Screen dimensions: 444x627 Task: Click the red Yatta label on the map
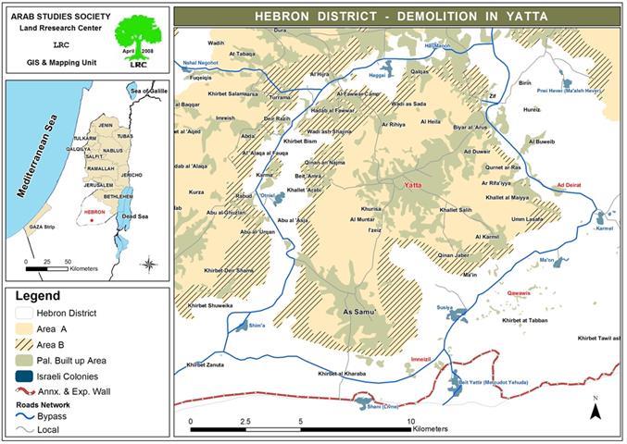pyautogui.click(x=414, y=185)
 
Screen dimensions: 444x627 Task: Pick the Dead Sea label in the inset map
pyautogui.click(x=135, y=216)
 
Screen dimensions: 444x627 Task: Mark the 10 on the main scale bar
pyautogui.click(x=409, y=420)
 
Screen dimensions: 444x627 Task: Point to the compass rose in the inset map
pyautogui.click(x=148, y=265)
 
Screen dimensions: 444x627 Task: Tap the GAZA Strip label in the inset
pyautogui.click(x=42, y=227)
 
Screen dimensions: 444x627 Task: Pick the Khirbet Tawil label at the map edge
pyautogui.click(x=596, y=339)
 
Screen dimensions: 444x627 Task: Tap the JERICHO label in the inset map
pyautogui.click(x=132, y=175)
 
